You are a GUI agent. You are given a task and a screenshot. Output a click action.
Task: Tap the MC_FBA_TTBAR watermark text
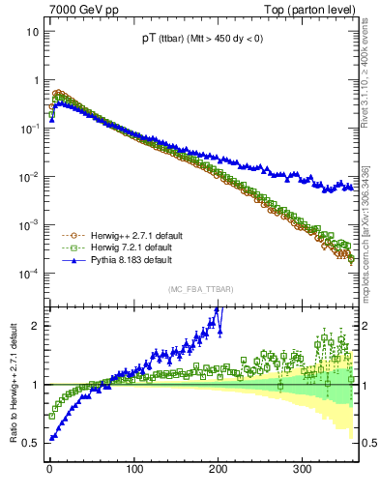[198, 289]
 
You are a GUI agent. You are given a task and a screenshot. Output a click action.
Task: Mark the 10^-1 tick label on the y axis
[31, 129]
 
